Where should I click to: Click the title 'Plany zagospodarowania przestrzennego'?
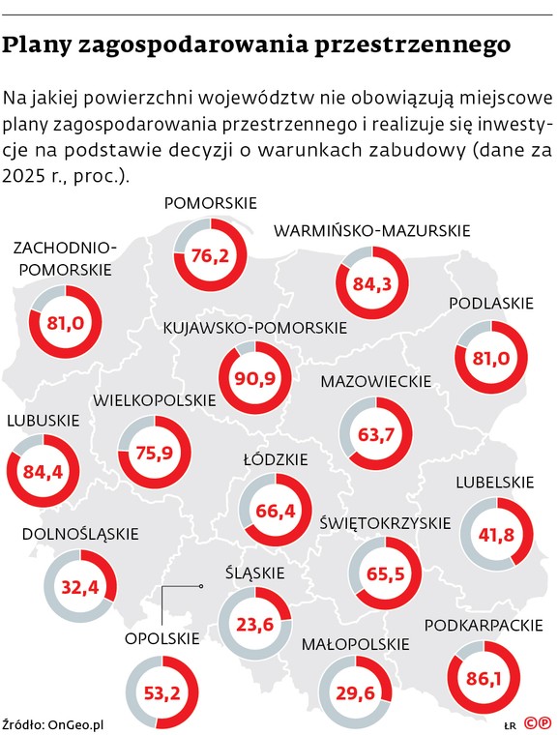[256, 45]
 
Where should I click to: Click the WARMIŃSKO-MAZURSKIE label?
[372, 231]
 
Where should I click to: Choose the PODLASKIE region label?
[491, 304]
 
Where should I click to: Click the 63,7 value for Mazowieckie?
[377, 434]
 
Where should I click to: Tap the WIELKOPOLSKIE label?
[154, 399]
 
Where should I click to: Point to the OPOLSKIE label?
[162, 637]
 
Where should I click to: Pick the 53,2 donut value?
[161, 691]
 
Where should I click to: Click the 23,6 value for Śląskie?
[255, 624]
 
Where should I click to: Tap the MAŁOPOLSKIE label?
[356, 643]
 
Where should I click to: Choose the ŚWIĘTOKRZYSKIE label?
[385, 523]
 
